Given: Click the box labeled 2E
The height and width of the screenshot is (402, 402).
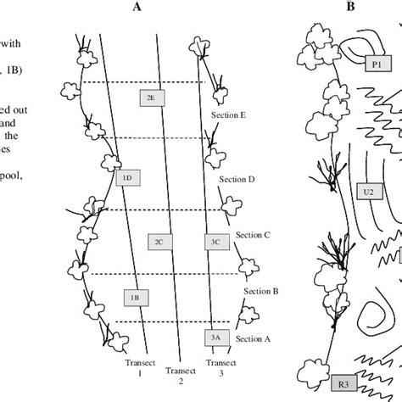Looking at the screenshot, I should click(x=150, y=98).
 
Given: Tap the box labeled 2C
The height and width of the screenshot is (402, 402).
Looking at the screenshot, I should click(x=159, y=242).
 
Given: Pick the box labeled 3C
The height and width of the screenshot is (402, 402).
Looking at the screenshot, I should click(x=215, y=242).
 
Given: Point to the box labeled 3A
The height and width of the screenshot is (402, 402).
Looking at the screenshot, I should click(x=215, y=337).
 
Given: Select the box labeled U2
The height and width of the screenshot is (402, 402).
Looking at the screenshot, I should click(x=368, y=192).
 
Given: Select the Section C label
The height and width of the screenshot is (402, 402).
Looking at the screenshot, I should click(x=253, y=234).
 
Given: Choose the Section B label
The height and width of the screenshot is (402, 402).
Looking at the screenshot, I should click(x=261, y=291).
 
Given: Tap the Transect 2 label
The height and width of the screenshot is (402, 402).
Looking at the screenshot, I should click(x=179, y=376).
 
